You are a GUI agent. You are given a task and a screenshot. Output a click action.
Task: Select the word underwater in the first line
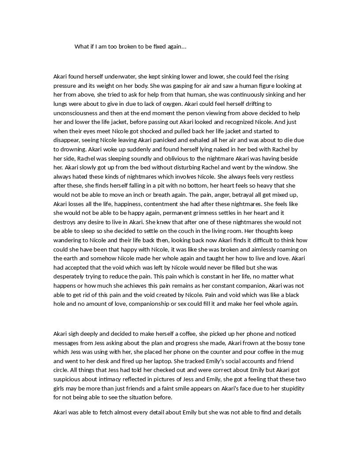120,76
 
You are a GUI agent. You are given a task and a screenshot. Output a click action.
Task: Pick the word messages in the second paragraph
67,343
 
